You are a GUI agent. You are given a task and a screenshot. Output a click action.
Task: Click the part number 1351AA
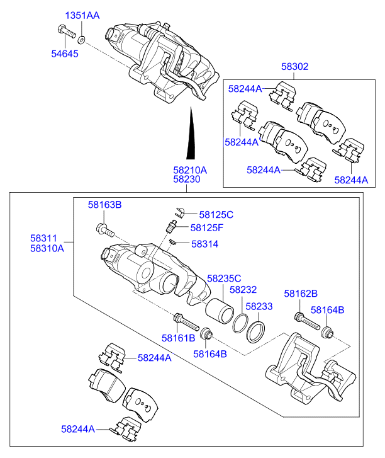click(x=82, y=15)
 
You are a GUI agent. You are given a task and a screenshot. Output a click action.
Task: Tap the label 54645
click(x=65, y=54)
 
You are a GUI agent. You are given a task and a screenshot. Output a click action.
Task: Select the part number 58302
click(x=294, y=67)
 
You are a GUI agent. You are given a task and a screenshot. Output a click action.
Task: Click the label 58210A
click(x=190, y=170)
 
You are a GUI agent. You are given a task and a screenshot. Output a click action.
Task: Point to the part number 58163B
click(x=104, y=205)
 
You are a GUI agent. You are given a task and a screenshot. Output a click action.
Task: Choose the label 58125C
click(x=216, y=215)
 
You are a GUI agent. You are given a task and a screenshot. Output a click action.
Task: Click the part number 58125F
click(x=207, y=227)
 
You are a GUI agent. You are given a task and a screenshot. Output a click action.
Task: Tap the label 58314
click(x=204, y=244)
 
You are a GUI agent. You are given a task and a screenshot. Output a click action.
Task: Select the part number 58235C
click(x=224, y=278)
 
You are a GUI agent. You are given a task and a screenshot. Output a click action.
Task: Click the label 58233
click(x=259, y=306)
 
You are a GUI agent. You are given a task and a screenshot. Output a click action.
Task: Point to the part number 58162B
click(x=301, y=294)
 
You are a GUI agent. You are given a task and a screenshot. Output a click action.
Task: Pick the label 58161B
click(x=178, y=338)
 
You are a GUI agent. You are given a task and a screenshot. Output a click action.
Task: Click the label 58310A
click(x=47, y=248)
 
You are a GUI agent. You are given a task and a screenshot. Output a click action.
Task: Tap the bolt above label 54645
click(x=67, y=31)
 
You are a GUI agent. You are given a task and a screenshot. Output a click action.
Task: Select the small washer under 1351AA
click(x=82, y=40)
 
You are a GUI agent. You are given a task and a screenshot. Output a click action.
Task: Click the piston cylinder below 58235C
click(x=220, y=311)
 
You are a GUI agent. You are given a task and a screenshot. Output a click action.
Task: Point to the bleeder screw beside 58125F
click(x=170, y=227)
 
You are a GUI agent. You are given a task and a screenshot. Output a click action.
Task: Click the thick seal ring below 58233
click(x=256, y=332)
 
